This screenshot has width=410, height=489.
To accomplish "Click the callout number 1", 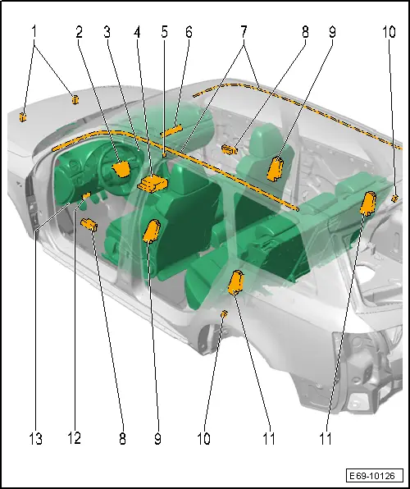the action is (x=34, y=32).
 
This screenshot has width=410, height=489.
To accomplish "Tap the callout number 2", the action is (x=80, y=32).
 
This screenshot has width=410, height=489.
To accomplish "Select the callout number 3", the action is (x=107, y=32).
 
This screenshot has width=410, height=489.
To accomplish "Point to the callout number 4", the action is (x=137, y=32).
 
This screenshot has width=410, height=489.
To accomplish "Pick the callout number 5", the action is (x=165, y=32).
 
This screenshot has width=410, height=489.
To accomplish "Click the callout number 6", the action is (x=189, y=32).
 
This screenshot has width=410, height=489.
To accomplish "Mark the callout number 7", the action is (x=244, y=32).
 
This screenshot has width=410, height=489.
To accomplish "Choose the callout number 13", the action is (x=36, y=439).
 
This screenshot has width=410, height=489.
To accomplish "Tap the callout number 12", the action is (x=74, y=438).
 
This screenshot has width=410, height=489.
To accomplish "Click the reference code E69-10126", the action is (x=374, y=476).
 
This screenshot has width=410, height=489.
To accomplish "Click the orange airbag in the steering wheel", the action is (x=121, y=169).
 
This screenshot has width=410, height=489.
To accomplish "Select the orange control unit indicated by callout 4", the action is (x=153, y=184).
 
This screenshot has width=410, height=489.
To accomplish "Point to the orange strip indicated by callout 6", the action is (x=171, y=130).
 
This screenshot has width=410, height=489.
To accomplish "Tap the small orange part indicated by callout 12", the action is (x=86, y=195).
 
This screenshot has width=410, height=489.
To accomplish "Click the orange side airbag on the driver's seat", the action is (x=152, y=231).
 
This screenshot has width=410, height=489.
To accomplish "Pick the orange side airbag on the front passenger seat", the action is (x=276, y=169).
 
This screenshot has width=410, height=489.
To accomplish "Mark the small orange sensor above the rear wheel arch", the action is (x=224, y=314).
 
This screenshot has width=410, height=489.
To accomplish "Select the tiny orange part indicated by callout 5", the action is (x=164, y=155).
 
